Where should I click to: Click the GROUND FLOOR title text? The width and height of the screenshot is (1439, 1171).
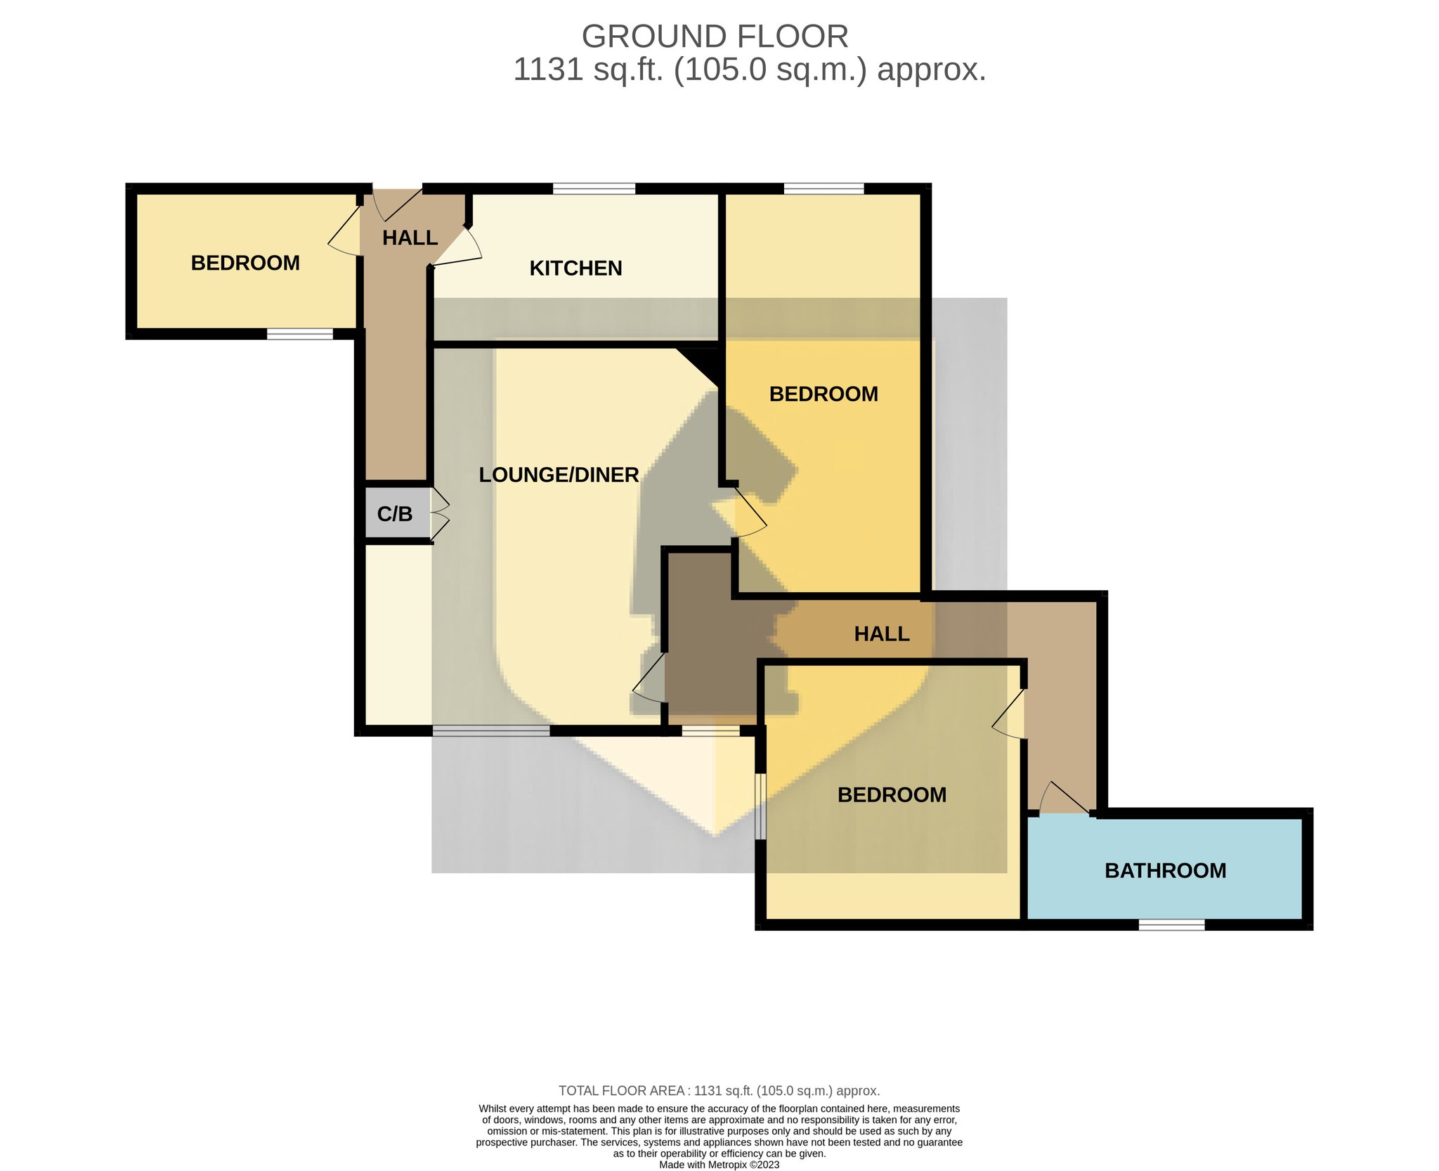click(715, 37)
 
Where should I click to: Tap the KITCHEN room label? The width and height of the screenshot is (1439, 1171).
click(575, 268)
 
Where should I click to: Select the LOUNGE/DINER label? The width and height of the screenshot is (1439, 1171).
click(559, 475)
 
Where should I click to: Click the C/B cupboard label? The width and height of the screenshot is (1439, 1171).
click(395, 514)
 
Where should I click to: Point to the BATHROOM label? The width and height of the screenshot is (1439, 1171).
click(1165, 871)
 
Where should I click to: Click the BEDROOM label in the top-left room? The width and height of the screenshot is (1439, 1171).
click(245, 263)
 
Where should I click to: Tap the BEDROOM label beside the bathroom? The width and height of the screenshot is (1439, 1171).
click(892, 794)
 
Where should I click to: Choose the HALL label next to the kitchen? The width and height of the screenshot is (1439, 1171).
click(410, 238)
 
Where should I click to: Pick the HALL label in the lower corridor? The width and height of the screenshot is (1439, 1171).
click(882, 634)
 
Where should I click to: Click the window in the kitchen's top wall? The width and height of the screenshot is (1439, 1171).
click(594, 188)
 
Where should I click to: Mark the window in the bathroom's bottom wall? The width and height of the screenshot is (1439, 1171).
click(1171, 925)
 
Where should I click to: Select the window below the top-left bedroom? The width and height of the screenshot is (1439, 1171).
click(300, 334)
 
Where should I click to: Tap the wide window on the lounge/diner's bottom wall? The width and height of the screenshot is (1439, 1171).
click(491, 731)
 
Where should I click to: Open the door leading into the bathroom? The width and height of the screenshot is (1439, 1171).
click(1065, 798)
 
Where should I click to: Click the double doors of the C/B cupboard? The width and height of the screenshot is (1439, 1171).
click(439, 514)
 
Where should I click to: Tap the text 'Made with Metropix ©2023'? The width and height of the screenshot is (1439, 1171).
click(719, 1165)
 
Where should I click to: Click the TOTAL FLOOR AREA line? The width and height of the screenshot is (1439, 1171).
click(719, 1091)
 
